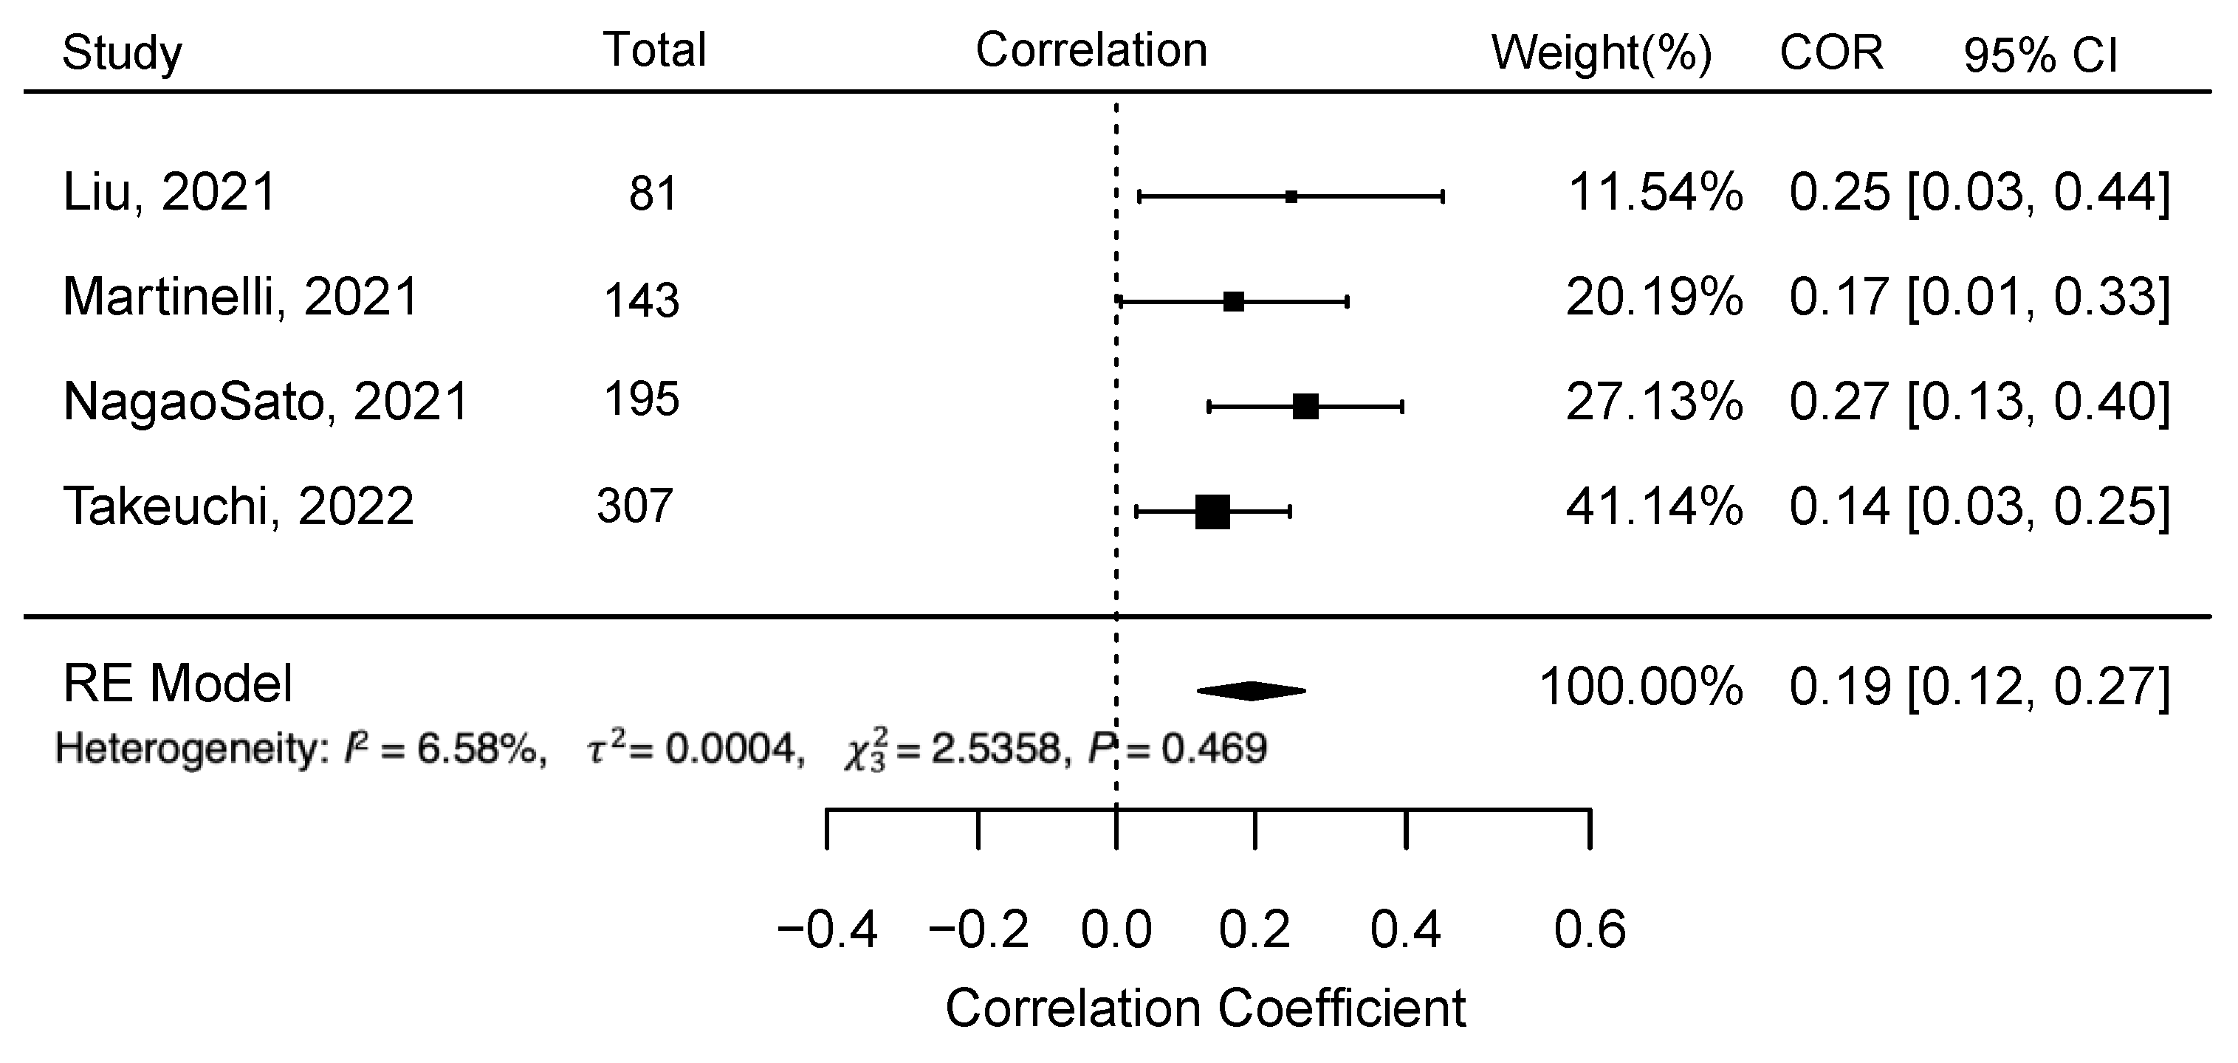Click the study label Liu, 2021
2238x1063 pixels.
tap(169, 192)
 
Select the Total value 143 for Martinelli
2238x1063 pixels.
tap(641, 300)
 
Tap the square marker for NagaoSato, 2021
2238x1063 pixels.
tap(1305, 405)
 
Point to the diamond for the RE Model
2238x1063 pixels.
tap(1251, 690)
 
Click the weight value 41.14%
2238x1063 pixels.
tap(1653, 506)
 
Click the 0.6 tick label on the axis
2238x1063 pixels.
tap(1589, 930)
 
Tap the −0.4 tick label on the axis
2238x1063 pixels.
tap(827, 930)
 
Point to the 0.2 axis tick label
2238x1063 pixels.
tap(1254, 930)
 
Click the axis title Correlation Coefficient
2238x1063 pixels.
tap(1205, 1008)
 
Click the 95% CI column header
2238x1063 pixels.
tap(2039, 55)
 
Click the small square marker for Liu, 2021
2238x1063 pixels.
tap(1291, 197)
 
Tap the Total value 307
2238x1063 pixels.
tap(634, 506)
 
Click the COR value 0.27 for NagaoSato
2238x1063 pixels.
tap(1839, 402)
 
